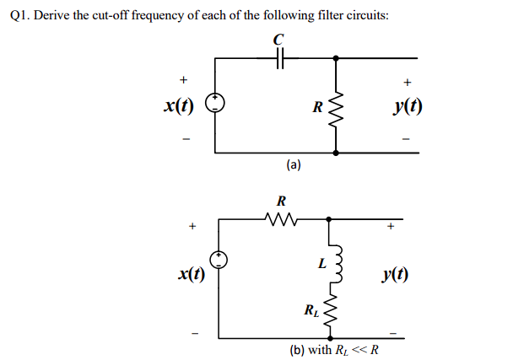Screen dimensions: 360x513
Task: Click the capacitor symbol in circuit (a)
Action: (x=280, y=59)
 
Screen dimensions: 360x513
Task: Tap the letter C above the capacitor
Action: (x=279, y=39)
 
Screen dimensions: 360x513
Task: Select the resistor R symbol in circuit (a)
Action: (x=337, y=107)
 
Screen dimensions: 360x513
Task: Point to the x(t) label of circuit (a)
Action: (x=178, y=107)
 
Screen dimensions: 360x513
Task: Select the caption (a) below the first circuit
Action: (x=293, y=166)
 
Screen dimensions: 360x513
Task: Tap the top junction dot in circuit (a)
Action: (x=337, y=59)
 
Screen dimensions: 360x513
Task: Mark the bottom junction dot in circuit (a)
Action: (x=337, y=154)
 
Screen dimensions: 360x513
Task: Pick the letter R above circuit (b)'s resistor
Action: (x=281, y=201)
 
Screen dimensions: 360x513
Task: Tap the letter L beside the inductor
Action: (x=321, y=263)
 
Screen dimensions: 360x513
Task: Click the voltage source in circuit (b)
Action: (x=219, y=261)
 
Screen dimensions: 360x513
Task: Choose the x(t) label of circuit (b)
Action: (x=192, y=274)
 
